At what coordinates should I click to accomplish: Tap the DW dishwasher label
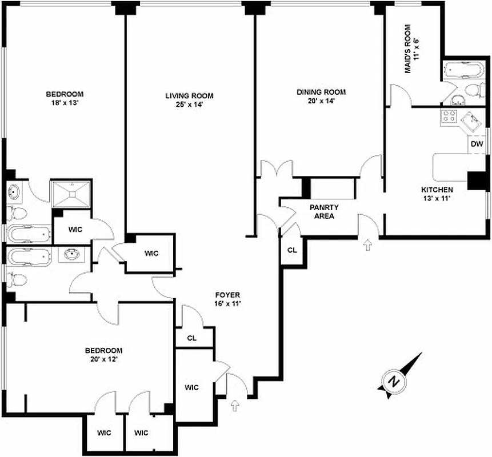[477, 145]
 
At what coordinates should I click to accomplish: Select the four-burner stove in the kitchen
[449, 118]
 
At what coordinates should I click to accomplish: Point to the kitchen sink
[473, 121]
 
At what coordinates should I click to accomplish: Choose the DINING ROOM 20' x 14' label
[321, 96]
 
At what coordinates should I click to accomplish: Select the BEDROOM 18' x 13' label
[65, 98]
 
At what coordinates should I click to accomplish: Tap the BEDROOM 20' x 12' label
[103, 355]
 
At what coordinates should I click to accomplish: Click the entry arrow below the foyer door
[234, 406]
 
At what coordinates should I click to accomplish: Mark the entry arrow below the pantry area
[367, 244]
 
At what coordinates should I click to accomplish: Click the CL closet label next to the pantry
[292, 250]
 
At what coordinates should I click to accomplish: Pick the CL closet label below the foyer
[192, 338]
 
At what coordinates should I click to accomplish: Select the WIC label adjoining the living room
[150, 253]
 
